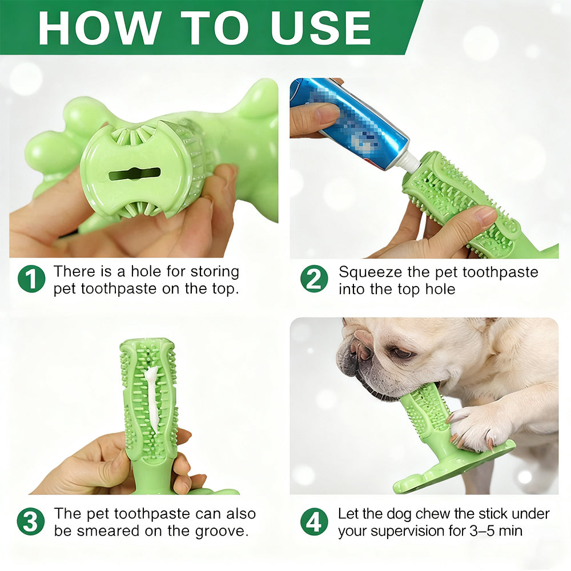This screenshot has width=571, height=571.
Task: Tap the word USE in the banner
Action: click(320, 27)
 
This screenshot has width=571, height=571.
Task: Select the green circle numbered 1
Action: click(31, 279)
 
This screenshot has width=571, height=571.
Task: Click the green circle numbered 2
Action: click(314, 279)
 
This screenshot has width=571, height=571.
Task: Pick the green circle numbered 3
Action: click(31, 521)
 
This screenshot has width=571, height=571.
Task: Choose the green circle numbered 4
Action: click(314, 521)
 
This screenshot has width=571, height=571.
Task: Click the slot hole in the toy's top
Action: click(135, 174)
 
